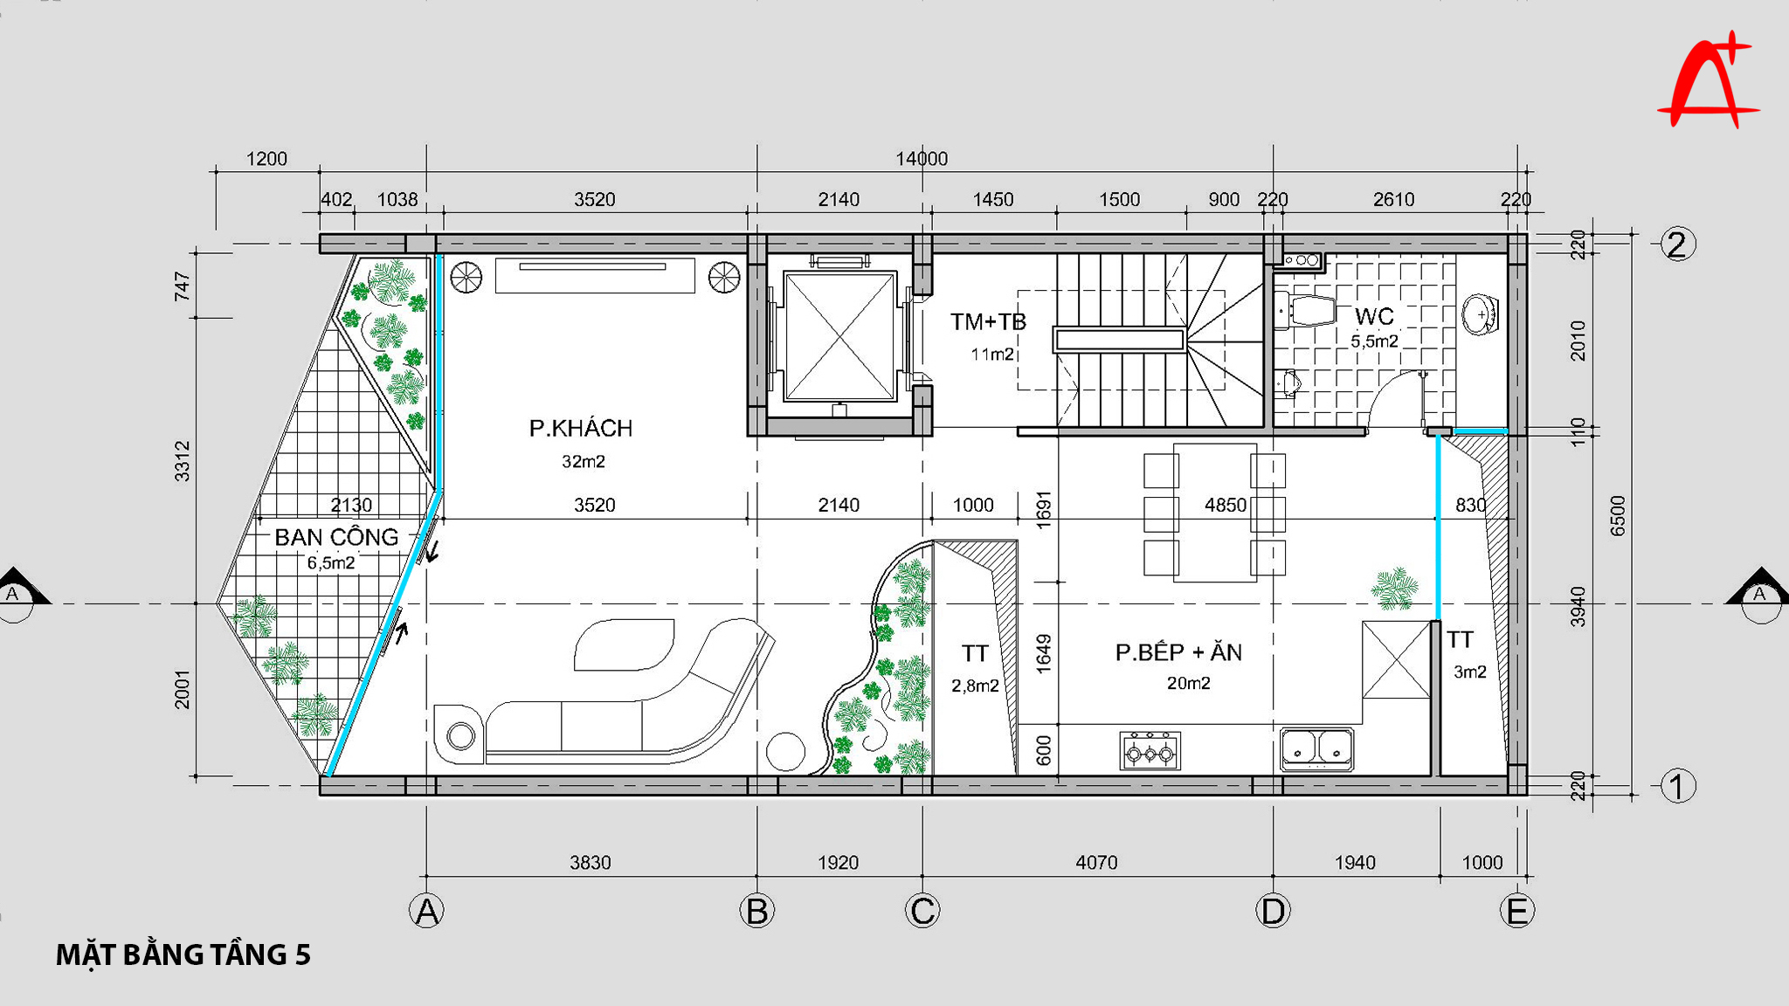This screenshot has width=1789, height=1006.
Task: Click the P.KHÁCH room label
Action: pyautogui.click(x=581, y=428)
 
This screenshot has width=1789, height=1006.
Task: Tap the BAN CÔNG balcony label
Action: pyautogui.click(x=336, y=537)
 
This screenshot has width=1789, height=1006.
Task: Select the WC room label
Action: pyautogui.click(x=1374, y=316)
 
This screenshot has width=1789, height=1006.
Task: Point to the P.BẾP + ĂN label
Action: pyautogui.click(x=1178, y=652)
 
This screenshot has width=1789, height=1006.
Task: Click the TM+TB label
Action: pyautogui.click(x=988, y=322)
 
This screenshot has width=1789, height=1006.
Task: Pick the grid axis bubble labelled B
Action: pyautogui.click(x=756, y=911)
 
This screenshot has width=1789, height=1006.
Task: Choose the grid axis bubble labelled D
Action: pyautogui.click(x=1273, y=911)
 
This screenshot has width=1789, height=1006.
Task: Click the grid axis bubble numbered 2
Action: pyautogui.click(x=1677, y=244)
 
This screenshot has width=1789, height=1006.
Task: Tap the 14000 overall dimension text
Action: pyautogui.click(x=922, y=159)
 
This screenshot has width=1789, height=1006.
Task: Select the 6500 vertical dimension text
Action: pyautogui.click(x=1618, y=515)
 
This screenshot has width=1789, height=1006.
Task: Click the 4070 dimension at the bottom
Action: pyautogui.click(x=1096, y=863)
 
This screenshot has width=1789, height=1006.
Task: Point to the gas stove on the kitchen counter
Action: pyautogui.click(x=1150, y=751)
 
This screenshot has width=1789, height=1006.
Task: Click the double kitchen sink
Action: pyautogui.click(x=1317, y=749)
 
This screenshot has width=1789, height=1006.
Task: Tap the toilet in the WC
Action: pyautogui.click(x=1306, y=312)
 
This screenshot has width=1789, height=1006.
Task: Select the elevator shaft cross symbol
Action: pyautogui.click(x=839, y=336)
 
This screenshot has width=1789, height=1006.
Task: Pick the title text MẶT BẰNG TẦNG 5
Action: pyautogui.click(x=183, y=954)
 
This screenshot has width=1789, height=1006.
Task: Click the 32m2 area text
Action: pyautogui.click(x=584, y=462)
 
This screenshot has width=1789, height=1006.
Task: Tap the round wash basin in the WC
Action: pyautogui.click(x=1481, y=314)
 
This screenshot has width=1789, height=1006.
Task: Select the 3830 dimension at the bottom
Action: pyautogui.click(x=591, y=863)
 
